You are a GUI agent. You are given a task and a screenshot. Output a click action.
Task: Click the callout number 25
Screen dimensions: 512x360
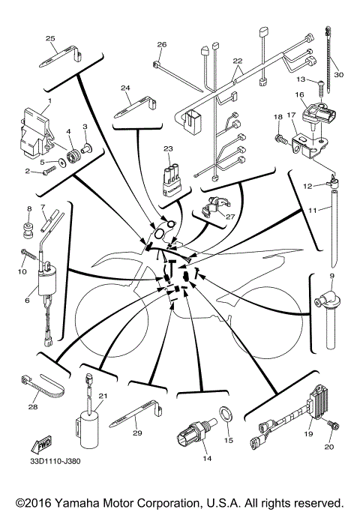[51, 38]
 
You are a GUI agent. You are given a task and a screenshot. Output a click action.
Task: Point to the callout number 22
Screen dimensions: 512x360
[238, 60]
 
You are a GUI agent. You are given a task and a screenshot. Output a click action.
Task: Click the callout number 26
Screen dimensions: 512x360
[160, 45]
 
